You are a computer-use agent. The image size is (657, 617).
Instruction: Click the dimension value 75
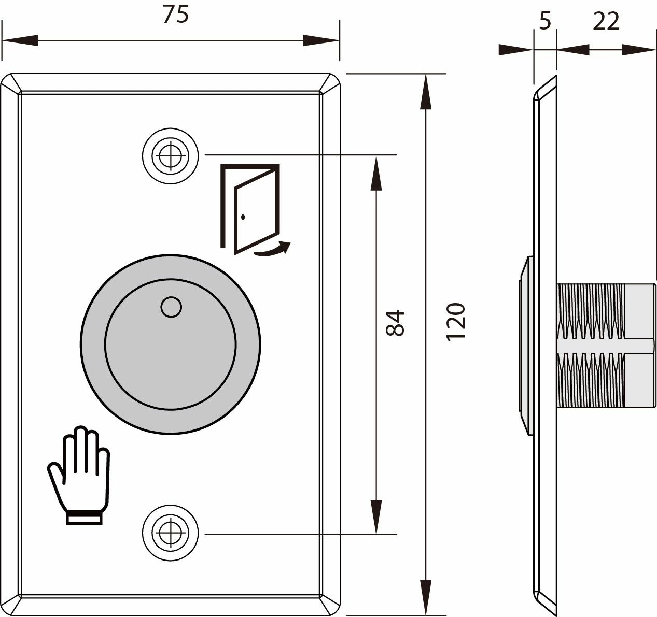click(175, 15)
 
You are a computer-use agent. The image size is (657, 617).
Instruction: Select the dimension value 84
click(396, 323)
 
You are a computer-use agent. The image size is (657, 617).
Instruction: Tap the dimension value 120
click(455, 321)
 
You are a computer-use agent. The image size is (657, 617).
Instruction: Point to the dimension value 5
click(544, 21)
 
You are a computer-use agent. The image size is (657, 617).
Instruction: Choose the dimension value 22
click(606, 21)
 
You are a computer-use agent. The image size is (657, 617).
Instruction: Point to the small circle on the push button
click(171, 307)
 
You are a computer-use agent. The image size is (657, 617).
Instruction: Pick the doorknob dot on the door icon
click(243, 216)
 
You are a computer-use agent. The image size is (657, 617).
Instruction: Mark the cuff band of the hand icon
click(83, 518)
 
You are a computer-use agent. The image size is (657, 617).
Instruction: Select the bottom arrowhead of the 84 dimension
click(376, 516)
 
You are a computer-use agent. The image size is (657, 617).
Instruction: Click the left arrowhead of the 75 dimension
click(21, 40)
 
